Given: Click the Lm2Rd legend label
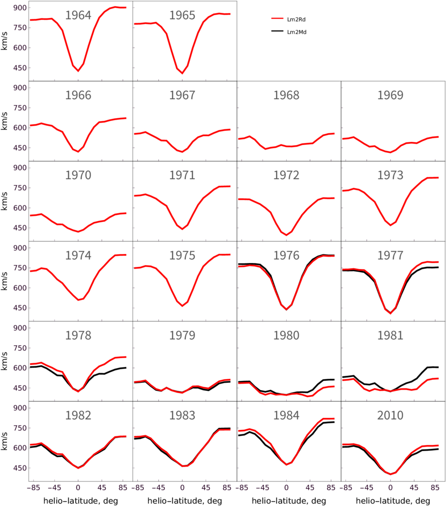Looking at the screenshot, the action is coord(296,20).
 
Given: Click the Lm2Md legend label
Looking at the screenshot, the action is coord(297,32).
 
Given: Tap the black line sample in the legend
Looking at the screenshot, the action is coord(277,31).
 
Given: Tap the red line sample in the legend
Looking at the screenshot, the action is coord(277,19).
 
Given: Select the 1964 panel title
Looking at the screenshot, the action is coord(78,15).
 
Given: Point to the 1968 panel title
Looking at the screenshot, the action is coord(286,95).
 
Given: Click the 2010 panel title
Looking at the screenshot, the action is coord(390,415).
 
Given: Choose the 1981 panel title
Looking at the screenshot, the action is coord(390,335).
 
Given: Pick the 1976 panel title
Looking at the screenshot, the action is coord(286,256).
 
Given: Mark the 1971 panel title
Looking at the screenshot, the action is coord(182,175).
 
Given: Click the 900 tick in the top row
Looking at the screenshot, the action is coord(20,8).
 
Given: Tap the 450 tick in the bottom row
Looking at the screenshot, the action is coord(20,468).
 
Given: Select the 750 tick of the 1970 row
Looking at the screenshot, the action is coord(20,188).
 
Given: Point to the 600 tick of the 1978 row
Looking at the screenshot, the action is coord(20,368).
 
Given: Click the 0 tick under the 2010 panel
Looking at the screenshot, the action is coord(390,487).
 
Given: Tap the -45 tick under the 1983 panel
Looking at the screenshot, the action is coord(158,487).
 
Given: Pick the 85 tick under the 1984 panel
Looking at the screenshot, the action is coord(331,487).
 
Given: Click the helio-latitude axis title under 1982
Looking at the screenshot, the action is coord(81,501).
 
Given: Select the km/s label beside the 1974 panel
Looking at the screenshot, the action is coord(4,281).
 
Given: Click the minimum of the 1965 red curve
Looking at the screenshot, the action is coord(182,73).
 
